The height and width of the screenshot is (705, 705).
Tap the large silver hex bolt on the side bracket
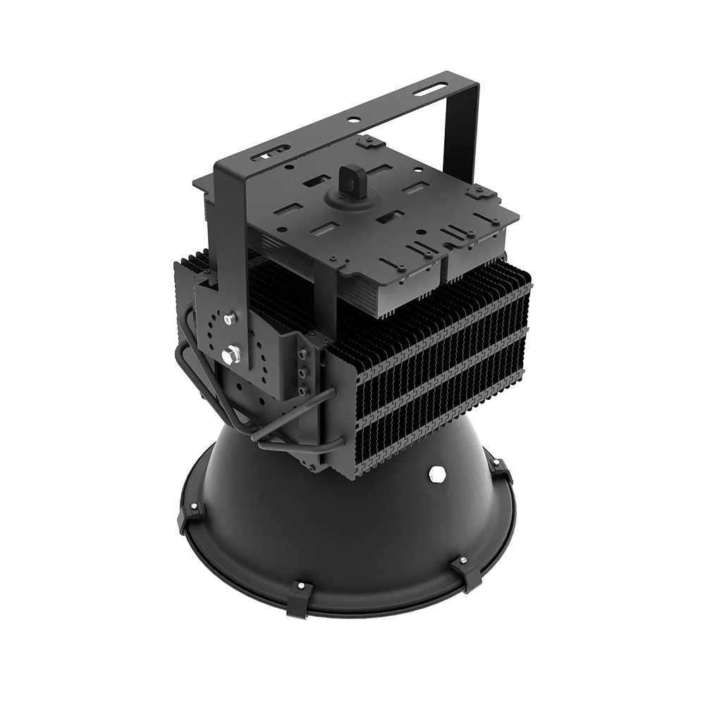coord(231,354)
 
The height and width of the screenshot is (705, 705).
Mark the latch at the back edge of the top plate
coord(367,143)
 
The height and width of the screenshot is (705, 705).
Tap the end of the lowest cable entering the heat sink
coord(337,442)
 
